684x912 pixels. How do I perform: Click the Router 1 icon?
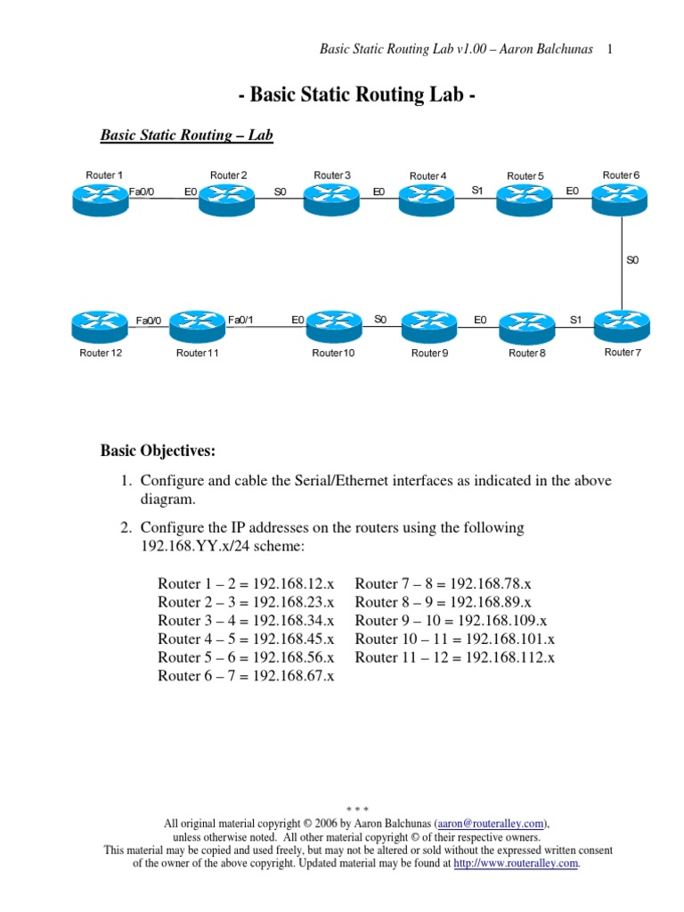(x=101, y=199)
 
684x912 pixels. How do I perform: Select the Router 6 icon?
(x=621, y=199)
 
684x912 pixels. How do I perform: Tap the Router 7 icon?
(x=621, y=324)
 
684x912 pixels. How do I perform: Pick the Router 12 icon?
(x=101, y=326)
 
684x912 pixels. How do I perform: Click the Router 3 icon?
(x=331, y=199)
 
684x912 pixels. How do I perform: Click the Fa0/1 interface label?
(x=240, y=320)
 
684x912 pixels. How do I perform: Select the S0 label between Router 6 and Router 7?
(x=632, y=260)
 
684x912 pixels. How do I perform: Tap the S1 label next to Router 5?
(x=477, y=190)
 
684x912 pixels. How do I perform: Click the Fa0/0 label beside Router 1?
(x=142, y=191)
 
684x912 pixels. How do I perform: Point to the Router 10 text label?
(x=332, y=354)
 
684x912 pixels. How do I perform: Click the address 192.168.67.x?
(x=294, y=676)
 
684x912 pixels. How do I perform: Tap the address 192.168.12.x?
(x=294, y=583)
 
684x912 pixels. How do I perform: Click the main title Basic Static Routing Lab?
(x=354, y=96)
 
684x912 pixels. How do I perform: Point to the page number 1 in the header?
(x=609, y=49)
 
